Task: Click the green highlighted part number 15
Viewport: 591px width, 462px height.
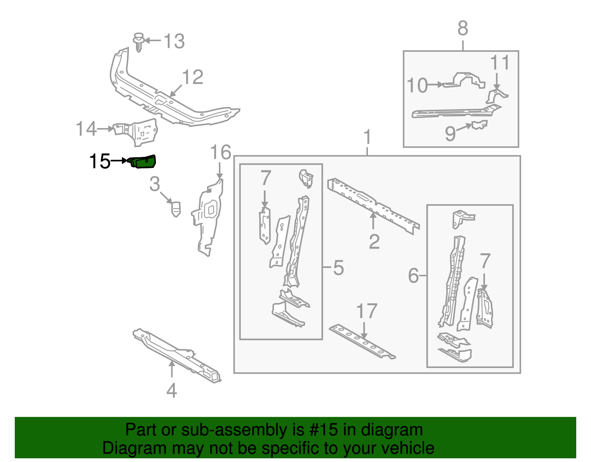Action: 143,162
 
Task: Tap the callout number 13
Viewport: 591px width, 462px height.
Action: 174,41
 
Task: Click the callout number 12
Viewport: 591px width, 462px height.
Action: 192,77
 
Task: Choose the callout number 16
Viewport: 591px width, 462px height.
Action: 221,153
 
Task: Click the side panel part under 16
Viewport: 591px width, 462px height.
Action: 209,218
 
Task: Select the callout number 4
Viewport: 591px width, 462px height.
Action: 172,390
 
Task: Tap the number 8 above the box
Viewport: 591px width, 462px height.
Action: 463,28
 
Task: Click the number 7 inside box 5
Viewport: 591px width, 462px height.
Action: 266,178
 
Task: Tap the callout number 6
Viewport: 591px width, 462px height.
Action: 413,276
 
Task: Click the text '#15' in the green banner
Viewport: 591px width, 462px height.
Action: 321,430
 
